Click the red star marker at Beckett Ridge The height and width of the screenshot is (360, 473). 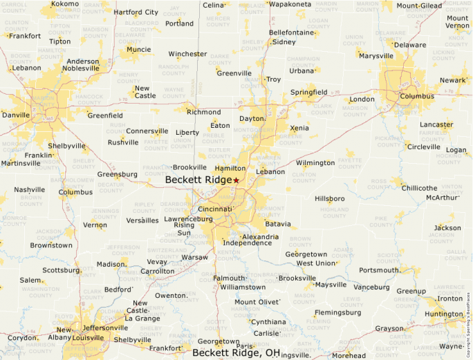[x=236, y=180]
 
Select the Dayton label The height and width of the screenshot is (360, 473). [x=252, y=119]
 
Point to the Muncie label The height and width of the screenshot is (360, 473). [x=138, y=50]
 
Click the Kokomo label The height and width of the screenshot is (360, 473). [x=65, y=4]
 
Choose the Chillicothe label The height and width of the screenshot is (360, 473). [x=419, y=188]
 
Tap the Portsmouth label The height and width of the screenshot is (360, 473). [x=379, y=270]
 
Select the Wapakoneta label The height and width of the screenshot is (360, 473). [x=290, y=4]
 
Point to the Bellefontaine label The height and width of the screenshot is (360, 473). [x=292, y=32]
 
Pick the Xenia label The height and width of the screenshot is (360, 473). [x=299, y=129]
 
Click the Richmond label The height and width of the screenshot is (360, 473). [x=204, y=112]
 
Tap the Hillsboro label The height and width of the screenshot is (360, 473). [x=330, y=198]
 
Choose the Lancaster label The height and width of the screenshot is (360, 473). [x=436, y=125]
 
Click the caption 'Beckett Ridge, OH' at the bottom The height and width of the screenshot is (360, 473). [x=236, y=352]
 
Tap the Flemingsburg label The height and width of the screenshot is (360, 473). [x=337, y=312]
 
